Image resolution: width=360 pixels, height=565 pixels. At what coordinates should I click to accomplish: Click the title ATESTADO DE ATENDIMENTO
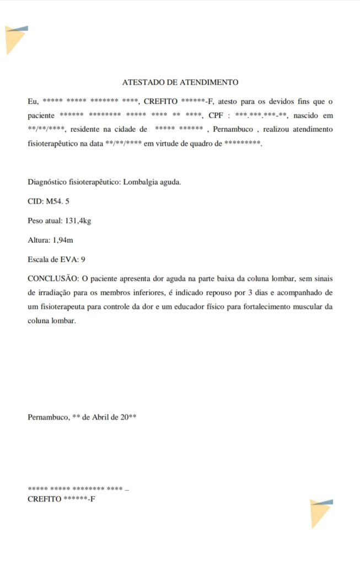coord(180,82)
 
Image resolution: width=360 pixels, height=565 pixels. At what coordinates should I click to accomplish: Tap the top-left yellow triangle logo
coord(15,40)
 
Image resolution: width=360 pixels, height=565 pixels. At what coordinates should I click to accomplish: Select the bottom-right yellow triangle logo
coord(320,513)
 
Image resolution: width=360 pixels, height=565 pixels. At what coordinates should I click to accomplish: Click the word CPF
coord(215,116)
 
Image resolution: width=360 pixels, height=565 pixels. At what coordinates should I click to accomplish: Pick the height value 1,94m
coord(63,240)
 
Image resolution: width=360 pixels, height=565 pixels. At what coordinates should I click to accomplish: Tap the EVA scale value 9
coord(83,259)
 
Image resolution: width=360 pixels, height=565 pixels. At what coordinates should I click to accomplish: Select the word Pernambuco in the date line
coord(48,417)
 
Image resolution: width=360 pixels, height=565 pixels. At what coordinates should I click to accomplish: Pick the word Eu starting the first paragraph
coord(33,102)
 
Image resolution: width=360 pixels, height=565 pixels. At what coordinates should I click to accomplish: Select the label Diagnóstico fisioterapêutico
coord(73,182)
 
